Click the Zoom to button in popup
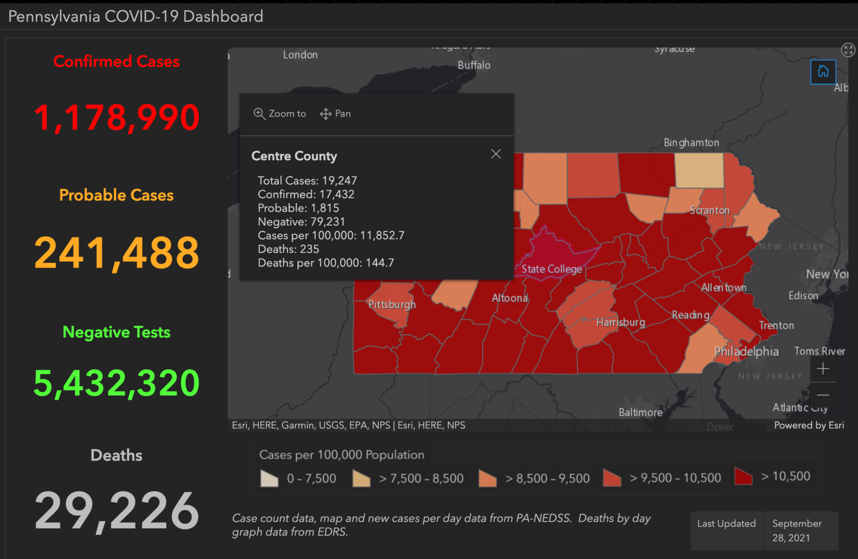[280, 114]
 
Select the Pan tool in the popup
[335, 114]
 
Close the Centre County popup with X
[495, 154]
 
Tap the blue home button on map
[823, 71]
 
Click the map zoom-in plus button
[823, 369]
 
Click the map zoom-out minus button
[823, 395]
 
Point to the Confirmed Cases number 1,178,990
[116, 117]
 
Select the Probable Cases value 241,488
[116, 253]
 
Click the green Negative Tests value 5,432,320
[116, 384]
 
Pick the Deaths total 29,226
[116, 511]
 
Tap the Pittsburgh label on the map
[392, 304]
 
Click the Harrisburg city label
[620, 322]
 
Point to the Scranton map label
[709, 210]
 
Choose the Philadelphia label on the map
[746, 351]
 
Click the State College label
[551, 269]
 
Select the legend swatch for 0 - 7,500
[269, 479]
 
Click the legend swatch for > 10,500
[743, 477]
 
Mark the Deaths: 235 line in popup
[288, 249]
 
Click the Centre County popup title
[294, 156]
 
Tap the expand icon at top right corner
[848, 50]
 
